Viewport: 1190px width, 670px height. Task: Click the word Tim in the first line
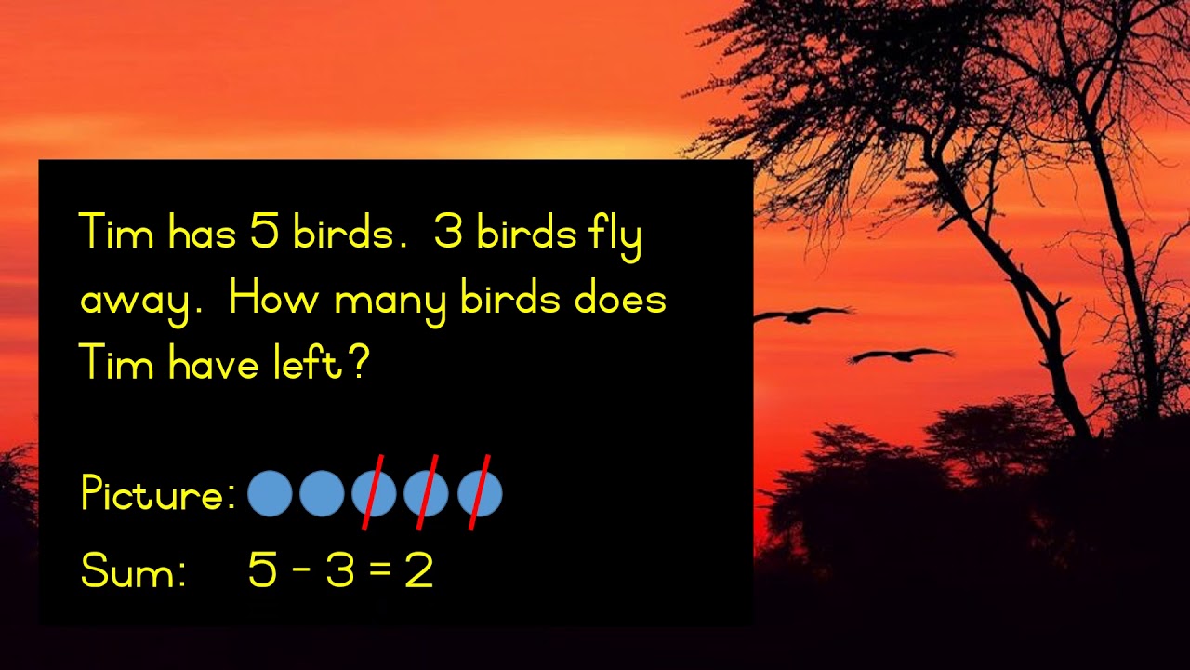[x=116, y=232]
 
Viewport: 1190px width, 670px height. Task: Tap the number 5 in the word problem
[x=265, y=232]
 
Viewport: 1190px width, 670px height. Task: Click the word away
[x=136, y=301]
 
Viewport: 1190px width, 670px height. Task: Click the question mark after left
[x=359, y=363]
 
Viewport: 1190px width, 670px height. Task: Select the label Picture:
[x=158, y=494]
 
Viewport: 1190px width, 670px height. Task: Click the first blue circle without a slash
[x=271, y=493]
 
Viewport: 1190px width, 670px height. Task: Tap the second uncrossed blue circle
[x=323, y=493]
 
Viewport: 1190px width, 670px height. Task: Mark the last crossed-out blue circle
[x=480, y=493]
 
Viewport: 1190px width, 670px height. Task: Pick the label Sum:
[x=133, y=570]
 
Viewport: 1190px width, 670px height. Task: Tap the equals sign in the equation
[x=380, y=569]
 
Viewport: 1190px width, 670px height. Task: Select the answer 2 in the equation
[x=419, y=569]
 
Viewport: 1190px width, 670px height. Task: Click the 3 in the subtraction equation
[x=340, y=569]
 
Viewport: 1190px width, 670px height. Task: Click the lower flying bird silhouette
[x=900, y=355]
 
